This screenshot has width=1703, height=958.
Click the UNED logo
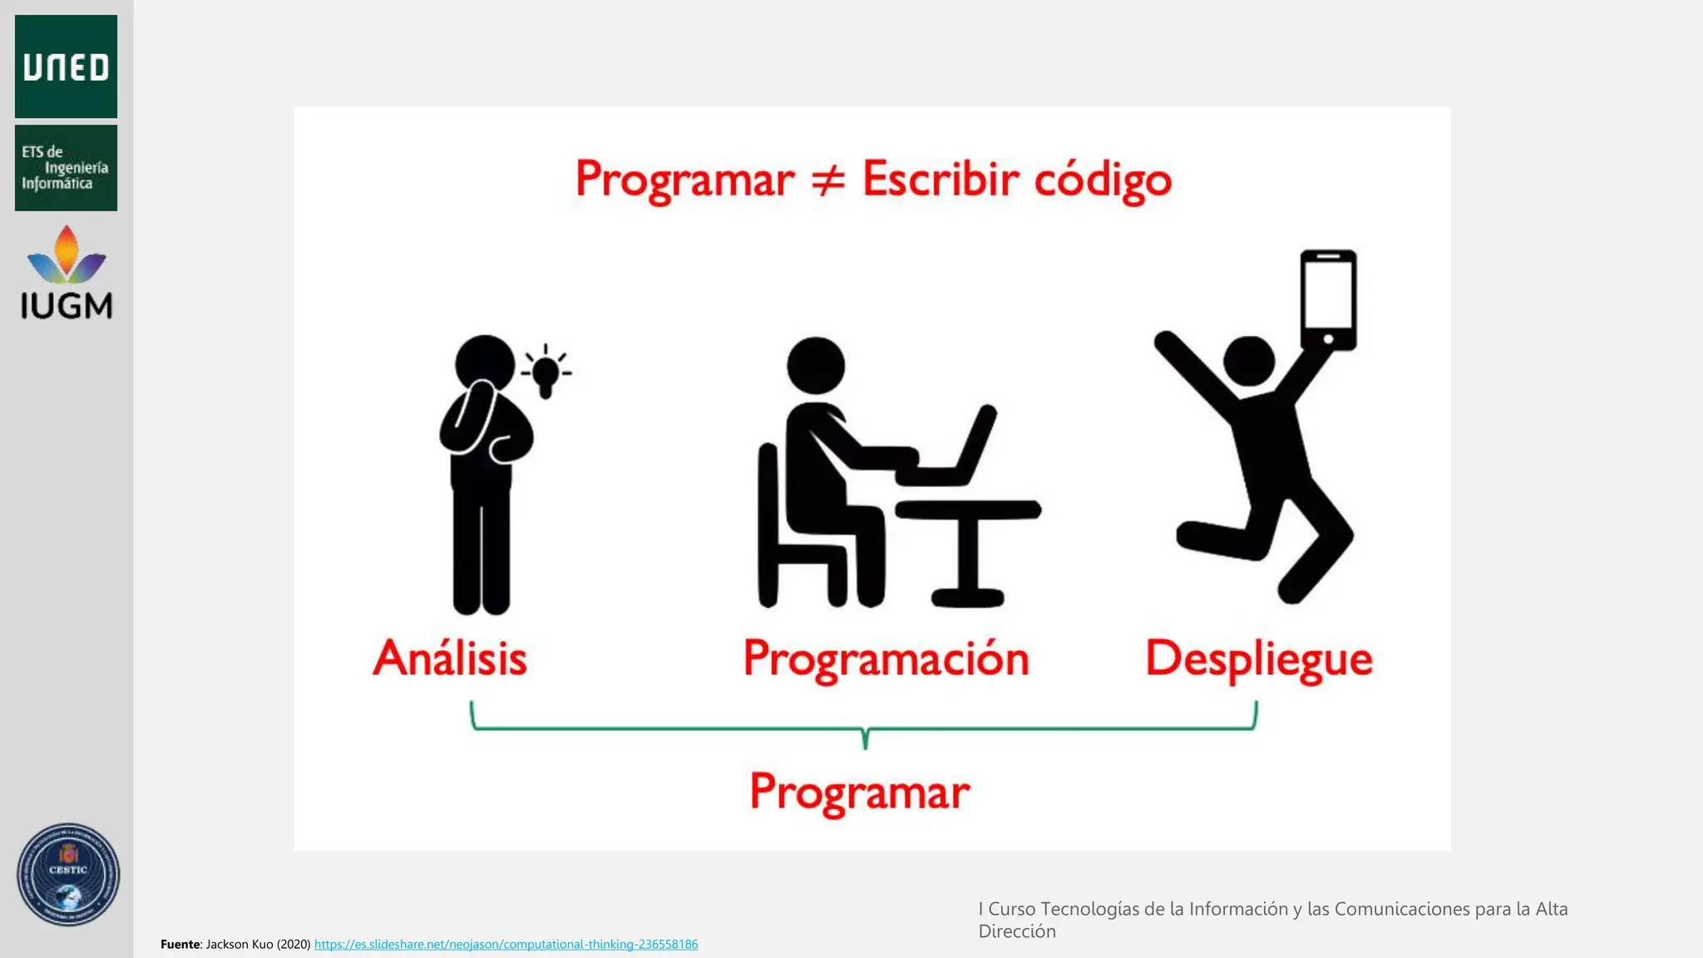tap(66, 67)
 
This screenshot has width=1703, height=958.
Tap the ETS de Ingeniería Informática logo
tap(66, 167)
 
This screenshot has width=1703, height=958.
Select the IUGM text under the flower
tap(67, 306)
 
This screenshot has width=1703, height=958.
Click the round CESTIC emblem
tap(68, 875)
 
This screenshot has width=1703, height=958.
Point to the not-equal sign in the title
tap(827, 180)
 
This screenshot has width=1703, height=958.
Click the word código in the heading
tap(1102, 180)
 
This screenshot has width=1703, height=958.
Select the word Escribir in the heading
tap(940, 178)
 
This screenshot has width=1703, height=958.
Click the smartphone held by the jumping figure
tap(1328, 299)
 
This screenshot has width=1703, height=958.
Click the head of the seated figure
tap(816, 365)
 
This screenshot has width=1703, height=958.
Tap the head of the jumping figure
tap(1249, 361)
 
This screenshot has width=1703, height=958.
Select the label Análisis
tap(450, 658)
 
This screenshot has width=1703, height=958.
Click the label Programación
tap(886, 659)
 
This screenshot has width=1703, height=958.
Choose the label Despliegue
tap(1258, 659)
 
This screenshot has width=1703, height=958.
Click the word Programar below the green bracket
tap(860, 792)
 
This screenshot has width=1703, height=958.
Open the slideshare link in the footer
tap(506, 944)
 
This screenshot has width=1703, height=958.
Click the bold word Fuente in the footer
tap(180, 944)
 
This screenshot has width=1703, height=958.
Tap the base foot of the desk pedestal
tap(967, 597)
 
